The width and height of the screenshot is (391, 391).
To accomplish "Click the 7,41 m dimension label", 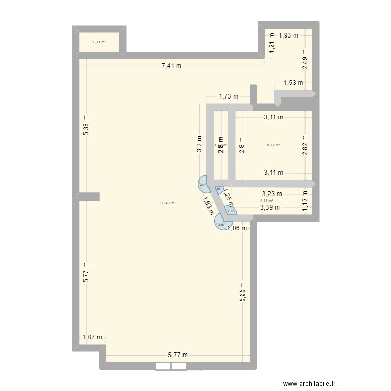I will click(172, 66).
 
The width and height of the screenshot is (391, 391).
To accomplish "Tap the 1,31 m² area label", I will click(100, 42).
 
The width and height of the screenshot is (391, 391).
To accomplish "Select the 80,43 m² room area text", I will click(168, 203).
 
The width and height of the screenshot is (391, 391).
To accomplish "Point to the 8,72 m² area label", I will click(274, 145).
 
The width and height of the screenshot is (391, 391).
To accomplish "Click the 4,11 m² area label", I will click(266, 200).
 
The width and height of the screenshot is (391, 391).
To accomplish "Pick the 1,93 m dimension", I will click(288, 35).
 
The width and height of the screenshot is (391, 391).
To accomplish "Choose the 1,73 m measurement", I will click(228, 96).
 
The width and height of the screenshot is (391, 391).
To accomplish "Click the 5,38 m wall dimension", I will click(87, 126).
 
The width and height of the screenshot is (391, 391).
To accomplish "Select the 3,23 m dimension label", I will click(272, 193).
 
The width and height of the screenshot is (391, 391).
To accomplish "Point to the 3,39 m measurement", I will click(270, 207).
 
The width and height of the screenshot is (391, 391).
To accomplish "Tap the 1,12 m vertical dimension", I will click(306, 201).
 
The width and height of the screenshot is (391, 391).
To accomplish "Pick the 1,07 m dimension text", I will click(92, 338).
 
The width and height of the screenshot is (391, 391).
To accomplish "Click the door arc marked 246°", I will click(221, 224).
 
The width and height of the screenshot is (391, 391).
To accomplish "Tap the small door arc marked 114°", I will click(229, 211).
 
